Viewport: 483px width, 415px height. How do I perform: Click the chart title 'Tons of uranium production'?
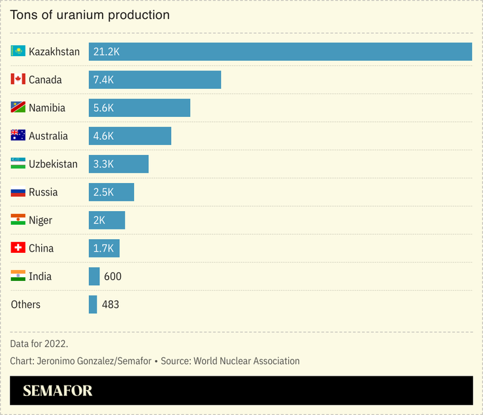90,14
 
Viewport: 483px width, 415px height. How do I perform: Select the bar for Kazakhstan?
280,52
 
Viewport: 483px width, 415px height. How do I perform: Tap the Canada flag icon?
18,80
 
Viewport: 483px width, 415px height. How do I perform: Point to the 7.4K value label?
104,80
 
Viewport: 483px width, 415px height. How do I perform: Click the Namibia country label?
47,108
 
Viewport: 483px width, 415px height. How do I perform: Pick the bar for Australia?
130,136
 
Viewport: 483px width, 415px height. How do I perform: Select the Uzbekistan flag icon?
18,164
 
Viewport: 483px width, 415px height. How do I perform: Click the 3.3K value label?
104,164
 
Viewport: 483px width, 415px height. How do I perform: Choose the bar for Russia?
111,192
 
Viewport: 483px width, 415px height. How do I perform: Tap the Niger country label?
41,220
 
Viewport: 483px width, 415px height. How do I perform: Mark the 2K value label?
99,220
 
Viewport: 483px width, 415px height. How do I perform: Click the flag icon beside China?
18,248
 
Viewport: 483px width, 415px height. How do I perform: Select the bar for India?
94,276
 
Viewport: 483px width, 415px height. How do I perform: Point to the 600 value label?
112,276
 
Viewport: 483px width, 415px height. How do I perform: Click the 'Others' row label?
25,305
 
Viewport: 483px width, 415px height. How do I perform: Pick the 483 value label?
110,305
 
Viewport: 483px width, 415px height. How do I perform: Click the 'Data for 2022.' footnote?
39,343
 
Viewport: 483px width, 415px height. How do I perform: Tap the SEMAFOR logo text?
58,391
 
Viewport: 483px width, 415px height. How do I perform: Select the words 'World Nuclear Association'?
246,361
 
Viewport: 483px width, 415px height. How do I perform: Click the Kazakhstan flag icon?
18,52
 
